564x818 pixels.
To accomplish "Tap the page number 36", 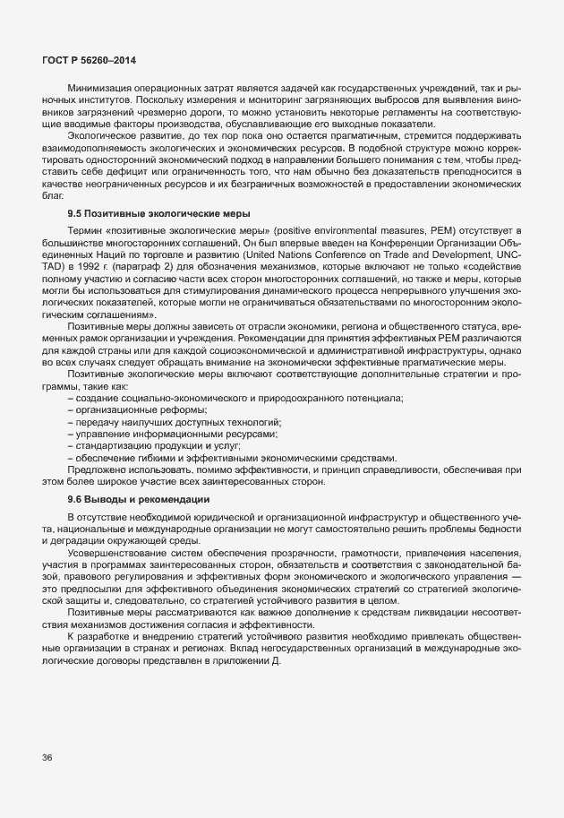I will (46, 758).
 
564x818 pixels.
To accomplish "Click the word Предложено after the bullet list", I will (98, 469).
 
